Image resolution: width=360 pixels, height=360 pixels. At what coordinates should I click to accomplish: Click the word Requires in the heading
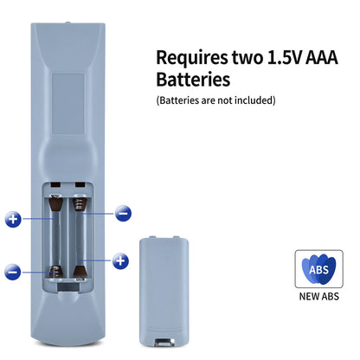coord(192,58)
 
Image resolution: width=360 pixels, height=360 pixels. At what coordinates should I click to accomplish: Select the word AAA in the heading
coord(321,57)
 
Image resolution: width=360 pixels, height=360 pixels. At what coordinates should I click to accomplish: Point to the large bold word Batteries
coord(193,79)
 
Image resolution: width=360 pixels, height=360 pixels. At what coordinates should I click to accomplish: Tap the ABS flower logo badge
coord(318,269)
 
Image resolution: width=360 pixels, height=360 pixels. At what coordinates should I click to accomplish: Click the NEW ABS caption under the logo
coord(318,296)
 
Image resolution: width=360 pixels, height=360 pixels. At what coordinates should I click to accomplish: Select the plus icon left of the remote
coord(13,219)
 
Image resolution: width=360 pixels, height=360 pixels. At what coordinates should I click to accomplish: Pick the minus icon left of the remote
coord(13,272)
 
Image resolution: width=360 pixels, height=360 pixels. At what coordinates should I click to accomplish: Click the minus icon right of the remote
coord(123,214)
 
